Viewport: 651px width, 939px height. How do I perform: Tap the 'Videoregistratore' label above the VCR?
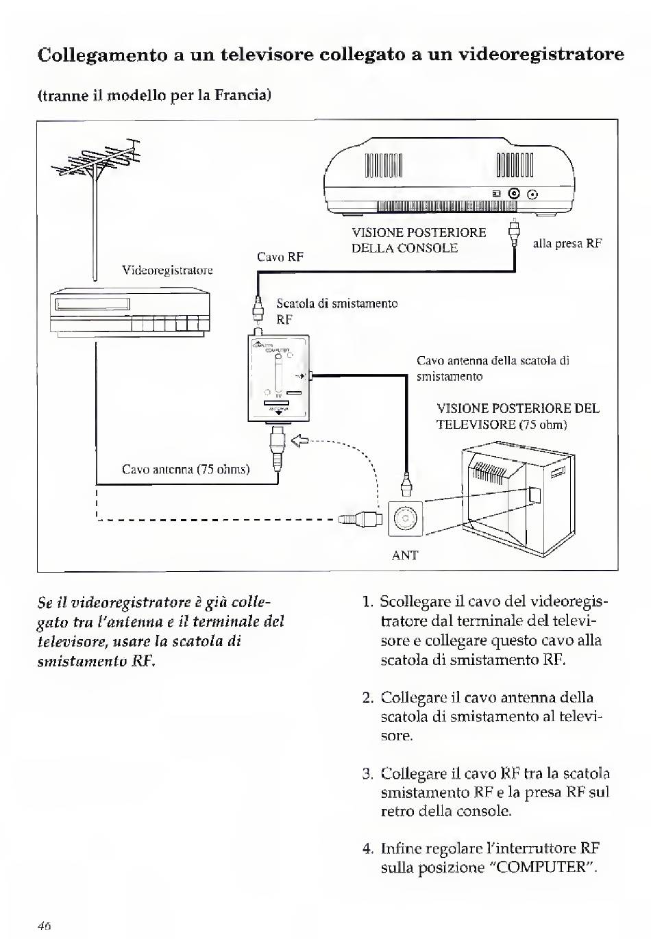click(x=167, y=270)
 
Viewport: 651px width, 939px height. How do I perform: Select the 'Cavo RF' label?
click(x=280, y=257)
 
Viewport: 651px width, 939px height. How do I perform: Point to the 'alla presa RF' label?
click(x=567, y=243)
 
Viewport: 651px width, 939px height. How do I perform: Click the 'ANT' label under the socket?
click(x=404, y=555)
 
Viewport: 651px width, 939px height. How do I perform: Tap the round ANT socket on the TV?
click(x=405, y=518)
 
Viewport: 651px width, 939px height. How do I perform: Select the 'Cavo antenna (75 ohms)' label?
click(x=186, y=469)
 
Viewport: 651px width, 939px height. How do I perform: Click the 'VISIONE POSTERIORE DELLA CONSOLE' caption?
click(x=418, y=240)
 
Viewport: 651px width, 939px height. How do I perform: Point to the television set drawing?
click(x=517, y=493)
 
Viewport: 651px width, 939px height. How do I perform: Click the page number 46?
click(x=45, y=925)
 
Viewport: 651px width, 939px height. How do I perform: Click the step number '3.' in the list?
click(x=368, y=774)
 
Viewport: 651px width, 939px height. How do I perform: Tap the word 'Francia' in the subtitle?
click(x=243, y=94)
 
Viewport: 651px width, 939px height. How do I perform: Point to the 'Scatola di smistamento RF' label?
click(x=336, y=311)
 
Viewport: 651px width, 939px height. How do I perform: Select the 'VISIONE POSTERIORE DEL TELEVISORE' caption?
click(x=517, y=416)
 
